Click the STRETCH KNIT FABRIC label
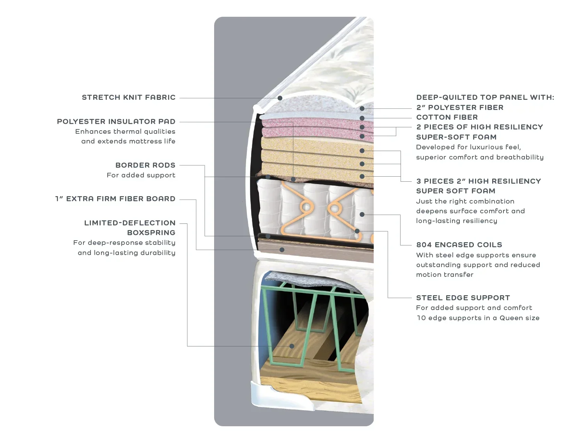[x=128, y=97]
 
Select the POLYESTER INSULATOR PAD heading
[x=116, y=122]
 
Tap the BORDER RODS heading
[x=145, y=165]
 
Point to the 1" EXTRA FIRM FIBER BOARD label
[x=115, y=199]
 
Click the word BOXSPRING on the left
[x=151, y=233]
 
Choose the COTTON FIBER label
[x=447, y=117]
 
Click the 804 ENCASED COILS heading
[x=459, y=245]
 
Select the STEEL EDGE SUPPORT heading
[x=463, y=298]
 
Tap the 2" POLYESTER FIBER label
[x=459, y=108]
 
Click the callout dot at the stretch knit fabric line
[x=280, y=98]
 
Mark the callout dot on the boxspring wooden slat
[x=292, y=346]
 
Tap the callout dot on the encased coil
[x=362, y=214]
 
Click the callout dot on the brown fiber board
[x=282, y=250]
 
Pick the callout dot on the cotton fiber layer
[x=362, y=118]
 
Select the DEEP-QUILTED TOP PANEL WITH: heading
[x=485, y=97]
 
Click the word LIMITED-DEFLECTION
[x=129, y=223]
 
